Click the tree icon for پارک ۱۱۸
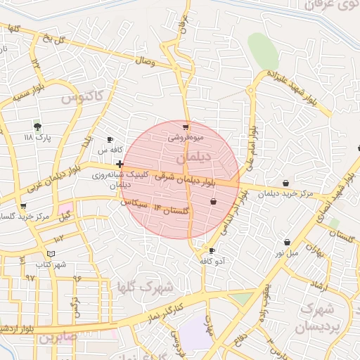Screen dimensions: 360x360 pyautogui.click(x=37, y=126)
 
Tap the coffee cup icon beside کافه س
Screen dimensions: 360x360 pyautogui.click(x=110, y=139)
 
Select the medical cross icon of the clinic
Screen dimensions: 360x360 pyautogui.click(x=120, y=164)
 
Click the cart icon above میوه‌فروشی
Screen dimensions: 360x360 pyautogui.click(x=186, y=127)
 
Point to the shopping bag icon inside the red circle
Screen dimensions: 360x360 pyautogui.click(x=213, y=202)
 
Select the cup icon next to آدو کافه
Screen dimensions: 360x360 pyautogui.click(x=212, y=250)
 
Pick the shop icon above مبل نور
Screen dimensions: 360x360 pyautogui.click(x=287, y=242)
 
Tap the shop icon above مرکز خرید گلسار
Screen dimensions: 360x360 pyautogui.click(x=23, y=207)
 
